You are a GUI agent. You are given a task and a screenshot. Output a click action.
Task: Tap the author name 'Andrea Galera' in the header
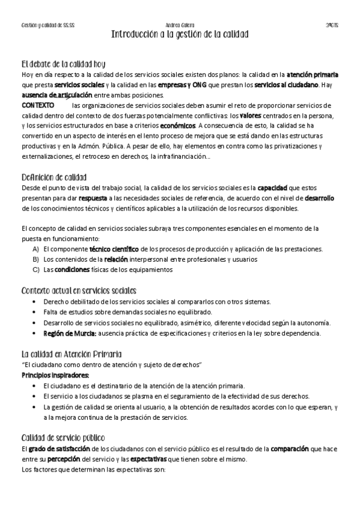pos(180,25)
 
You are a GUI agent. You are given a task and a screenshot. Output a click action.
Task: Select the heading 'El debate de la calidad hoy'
pos(63,64)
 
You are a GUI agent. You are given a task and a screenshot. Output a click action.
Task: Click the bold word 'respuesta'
pos(92,198)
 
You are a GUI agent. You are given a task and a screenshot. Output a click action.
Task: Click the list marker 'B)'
pos(36,259)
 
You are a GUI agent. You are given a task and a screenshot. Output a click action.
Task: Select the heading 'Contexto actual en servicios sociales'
pos(79,290)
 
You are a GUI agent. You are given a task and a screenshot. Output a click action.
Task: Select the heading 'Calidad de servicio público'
pos(63,438)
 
